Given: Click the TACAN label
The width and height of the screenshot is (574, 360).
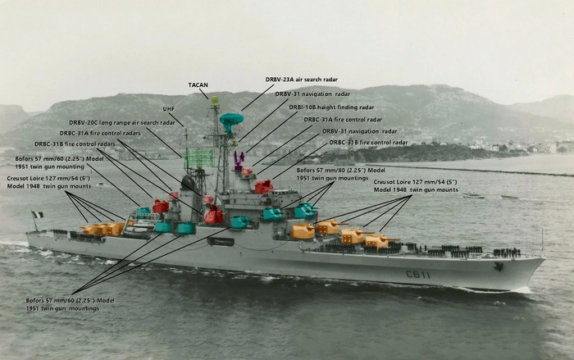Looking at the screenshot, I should (198, 84).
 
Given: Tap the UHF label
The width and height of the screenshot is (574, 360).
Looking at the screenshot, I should (168, 108).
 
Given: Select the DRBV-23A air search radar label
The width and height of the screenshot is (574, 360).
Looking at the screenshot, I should (301, 80).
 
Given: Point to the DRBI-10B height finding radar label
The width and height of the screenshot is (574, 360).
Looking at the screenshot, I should (330, 107).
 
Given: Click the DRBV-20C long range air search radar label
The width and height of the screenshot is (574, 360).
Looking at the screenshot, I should (121, 122).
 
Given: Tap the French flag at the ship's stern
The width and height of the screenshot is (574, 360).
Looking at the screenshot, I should (37, 216).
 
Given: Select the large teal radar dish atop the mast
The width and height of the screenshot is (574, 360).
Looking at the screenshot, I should (231, 121).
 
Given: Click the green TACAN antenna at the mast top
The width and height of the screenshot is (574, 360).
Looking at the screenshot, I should (215, 102).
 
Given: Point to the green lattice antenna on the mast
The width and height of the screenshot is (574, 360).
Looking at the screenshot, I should (199, 157).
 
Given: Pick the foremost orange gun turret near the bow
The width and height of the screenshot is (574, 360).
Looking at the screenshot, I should (378, 240).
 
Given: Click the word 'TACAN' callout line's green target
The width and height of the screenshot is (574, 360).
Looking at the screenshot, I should (215, 102).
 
